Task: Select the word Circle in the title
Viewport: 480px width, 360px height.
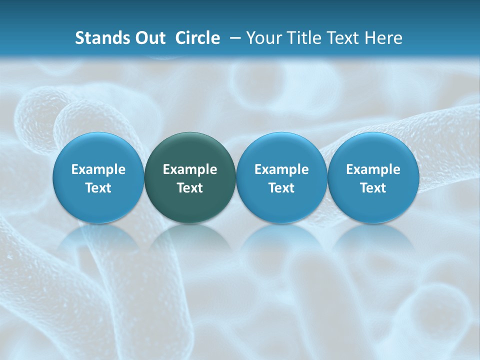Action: coord(197,38)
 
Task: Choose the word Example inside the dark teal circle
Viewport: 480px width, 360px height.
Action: coord(190,169)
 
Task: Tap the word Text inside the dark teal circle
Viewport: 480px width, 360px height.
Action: coord(190,188)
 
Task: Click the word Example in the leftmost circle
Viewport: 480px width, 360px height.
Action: coord(98,169)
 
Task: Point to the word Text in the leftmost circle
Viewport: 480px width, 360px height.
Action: coord(98,188)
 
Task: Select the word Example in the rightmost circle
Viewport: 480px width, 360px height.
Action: coord(373,169)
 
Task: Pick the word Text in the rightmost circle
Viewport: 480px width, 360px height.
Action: coord(373,188)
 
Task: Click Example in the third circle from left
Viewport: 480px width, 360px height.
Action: coord(281,169)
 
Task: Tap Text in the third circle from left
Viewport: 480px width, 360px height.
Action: coord(281,188)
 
